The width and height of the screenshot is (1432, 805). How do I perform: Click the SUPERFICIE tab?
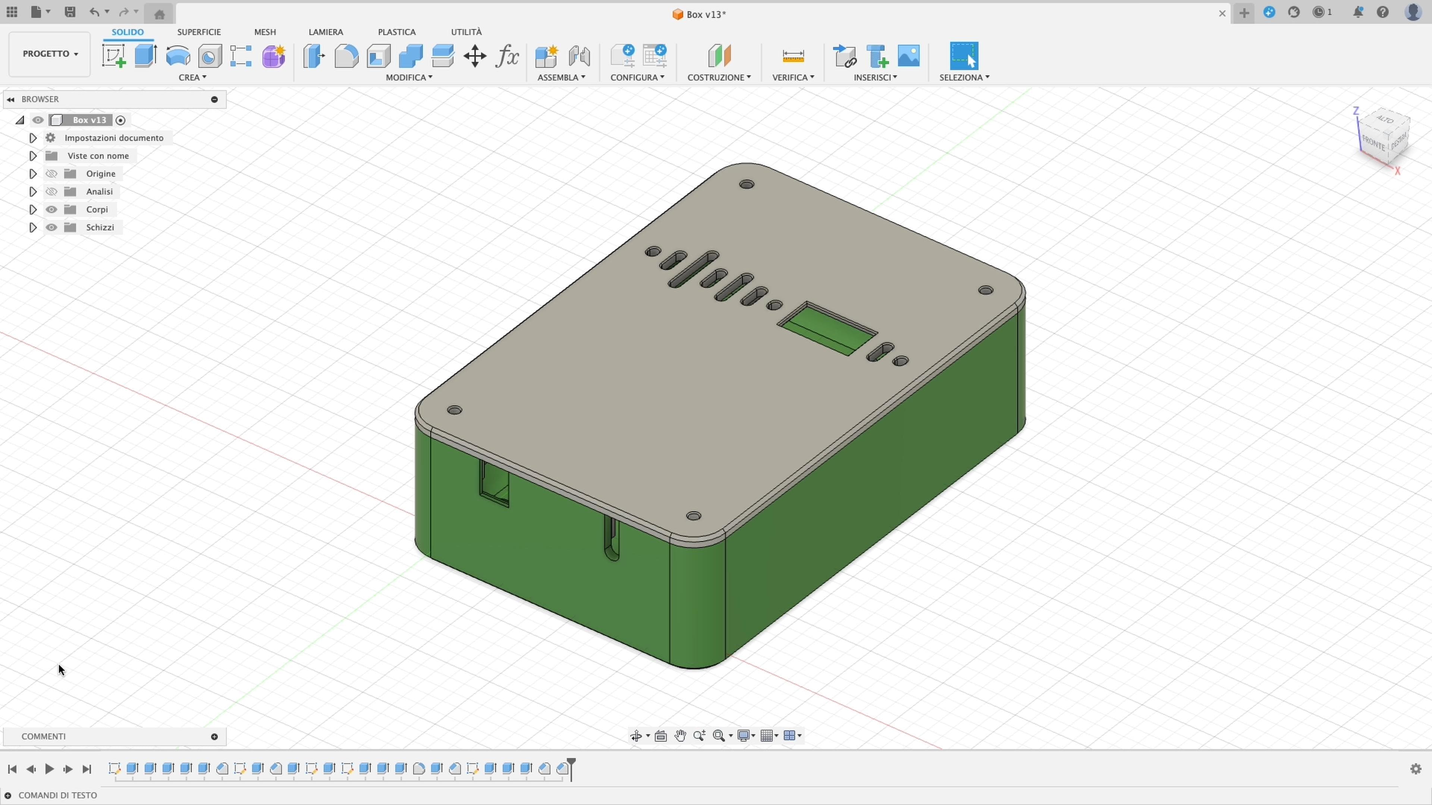[198, 32]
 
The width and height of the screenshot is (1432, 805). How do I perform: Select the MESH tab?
[265, 32]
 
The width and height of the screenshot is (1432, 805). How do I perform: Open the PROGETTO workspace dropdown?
[50, 54]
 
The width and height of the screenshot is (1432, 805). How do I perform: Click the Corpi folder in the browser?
[97, 209]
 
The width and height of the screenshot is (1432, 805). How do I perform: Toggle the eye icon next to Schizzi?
[51, 227]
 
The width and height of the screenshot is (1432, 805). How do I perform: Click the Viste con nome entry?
[98, 155]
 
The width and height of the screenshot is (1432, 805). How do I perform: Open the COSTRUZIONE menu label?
[718, 77]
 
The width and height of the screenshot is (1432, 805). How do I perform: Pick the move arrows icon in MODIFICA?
[475, 56]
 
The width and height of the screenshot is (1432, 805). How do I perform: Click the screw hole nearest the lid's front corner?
[693, 516]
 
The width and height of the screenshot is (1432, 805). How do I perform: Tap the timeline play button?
[49, 769]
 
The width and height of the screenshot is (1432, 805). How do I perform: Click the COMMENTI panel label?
[43, 736]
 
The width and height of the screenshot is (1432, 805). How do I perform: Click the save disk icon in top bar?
[69, 12]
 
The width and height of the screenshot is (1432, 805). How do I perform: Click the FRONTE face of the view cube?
[1373, 143]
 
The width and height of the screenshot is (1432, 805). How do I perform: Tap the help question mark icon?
[1382, 12]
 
